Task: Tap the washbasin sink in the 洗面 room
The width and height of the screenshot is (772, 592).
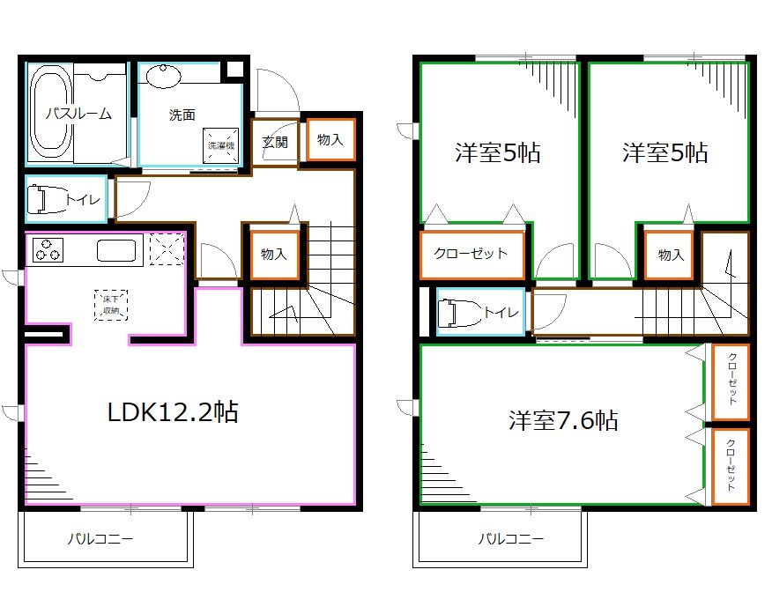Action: coord(164,77)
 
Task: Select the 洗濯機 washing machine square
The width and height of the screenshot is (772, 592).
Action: coord(220,145)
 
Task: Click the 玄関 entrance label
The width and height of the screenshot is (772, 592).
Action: coord(275,142)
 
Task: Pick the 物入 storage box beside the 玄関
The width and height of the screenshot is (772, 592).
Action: coord(330,140)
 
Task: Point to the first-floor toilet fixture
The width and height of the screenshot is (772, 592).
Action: coord(45,199)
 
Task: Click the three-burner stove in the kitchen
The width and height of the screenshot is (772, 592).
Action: coord(48,249)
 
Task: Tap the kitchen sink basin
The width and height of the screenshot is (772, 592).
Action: coord(116,250)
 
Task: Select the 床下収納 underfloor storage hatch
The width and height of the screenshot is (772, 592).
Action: coord(111,305)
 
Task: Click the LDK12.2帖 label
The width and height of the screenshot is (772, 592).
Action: coord(173,412)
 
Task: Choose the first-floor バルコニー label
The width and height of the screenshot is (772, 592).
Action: coord(100,539)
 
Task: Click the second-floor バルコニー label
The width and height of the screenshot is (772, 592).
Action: coord(511,539)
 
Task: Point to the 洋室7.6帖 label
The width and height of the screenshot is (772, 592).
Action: coord(563,421)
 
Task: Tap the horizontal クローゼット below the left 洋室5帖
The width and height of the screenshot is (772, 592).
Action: coord(471,255)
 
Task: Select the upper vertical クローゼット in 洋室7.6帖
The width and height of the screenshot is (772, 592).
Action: coord(731,382)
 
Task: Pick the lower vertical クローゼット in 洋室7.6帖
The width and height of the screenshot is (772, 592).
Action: coord(731,467)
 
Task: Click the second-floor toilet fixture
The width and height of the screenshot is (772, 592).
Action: coord(459,313)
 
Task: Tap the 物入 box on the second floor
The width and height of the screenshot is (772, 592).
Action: coord(670,255)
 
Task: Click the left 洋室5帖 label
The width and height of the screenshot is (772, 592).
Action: coord(498,152)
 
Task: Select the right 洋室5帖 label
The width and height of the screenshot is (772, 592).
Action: coord(665,152)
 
